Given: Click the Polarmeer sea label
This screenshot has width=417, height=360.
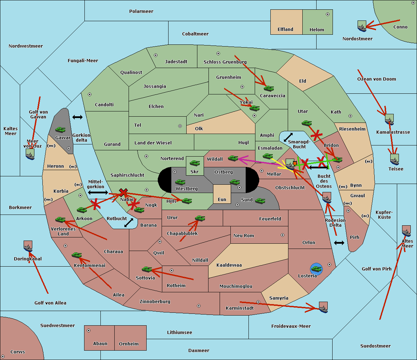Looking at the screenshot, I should click(141, 11).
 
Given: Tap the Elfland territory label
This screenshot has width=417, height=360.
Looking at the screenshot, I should click(285, 30).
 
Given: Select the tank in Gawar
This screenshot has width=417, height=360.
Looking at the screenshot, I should click(60, 129).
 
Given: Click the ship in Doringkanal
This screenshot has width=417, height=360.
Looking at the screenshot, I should click(28, 246).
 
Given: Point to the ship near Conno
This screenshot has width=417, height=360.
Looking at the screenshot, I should click(362, 26).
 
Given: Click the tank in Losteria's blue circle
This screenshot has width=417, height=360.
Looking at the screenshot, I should click(316, 268).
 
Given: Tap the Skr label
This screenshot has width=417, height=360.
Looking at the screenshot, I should click(195, 171).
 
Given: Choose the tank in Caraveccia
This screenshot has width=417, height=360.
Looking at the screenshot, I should click(269, 88).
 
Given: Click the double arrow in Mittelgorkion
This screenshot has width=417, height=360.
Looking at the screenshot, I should click(98, 192).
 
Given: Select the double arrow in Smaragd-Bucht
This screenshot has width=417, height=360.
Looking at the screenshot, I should click(288, 137).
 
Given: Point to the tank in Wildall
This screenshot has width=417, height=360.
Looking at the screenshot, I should click(233, 158).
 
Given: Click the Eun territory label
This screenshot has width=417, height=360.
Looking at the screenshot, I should click(222, 200).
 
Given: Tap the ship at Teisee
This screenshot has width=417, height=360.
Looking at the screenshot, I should click(394, 160).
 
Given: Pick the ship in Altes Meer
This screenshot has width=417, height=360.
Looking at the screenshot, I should click(406, 231).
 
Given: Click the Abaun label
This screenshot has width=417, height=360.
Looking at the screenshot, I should click(100, 344).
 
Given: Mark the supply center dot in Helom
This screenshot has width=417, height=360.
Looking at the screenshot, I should click(327, 14).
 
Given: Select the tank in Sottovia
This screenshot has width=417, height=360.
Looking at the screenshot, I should click(147, 269).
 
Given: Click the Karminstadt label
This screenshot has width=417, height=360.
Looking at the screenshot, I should click(240, 308).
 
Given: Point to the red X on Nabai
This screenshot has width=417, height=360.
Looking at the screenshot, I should click(123, 192).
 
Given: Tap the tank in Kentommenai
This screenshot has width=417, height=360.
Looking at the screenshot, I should click(76, 255).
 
